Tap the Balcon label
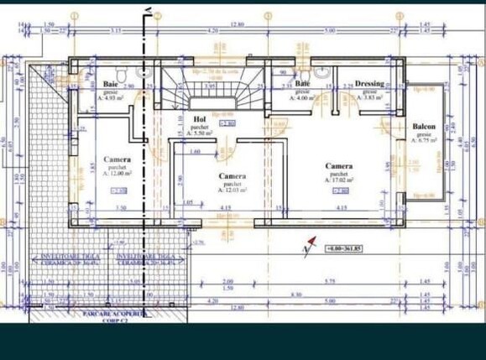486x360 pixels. (423, 126)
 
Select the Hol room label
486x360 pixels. (200, 119)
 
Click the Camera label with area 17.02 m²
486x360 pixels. (339, 166)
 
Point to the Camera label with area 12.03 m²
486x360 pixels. (232, 176)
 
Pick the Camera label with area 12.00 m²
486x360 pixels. (117, 159)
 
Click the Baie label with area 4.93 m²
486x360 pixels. (110, 85)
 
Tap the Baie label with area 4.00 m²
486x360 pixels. (301, 85)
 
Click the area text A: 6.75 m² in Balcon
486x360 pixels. (423, 140)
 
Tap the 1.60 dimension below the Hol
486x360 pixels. (194, 152)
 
